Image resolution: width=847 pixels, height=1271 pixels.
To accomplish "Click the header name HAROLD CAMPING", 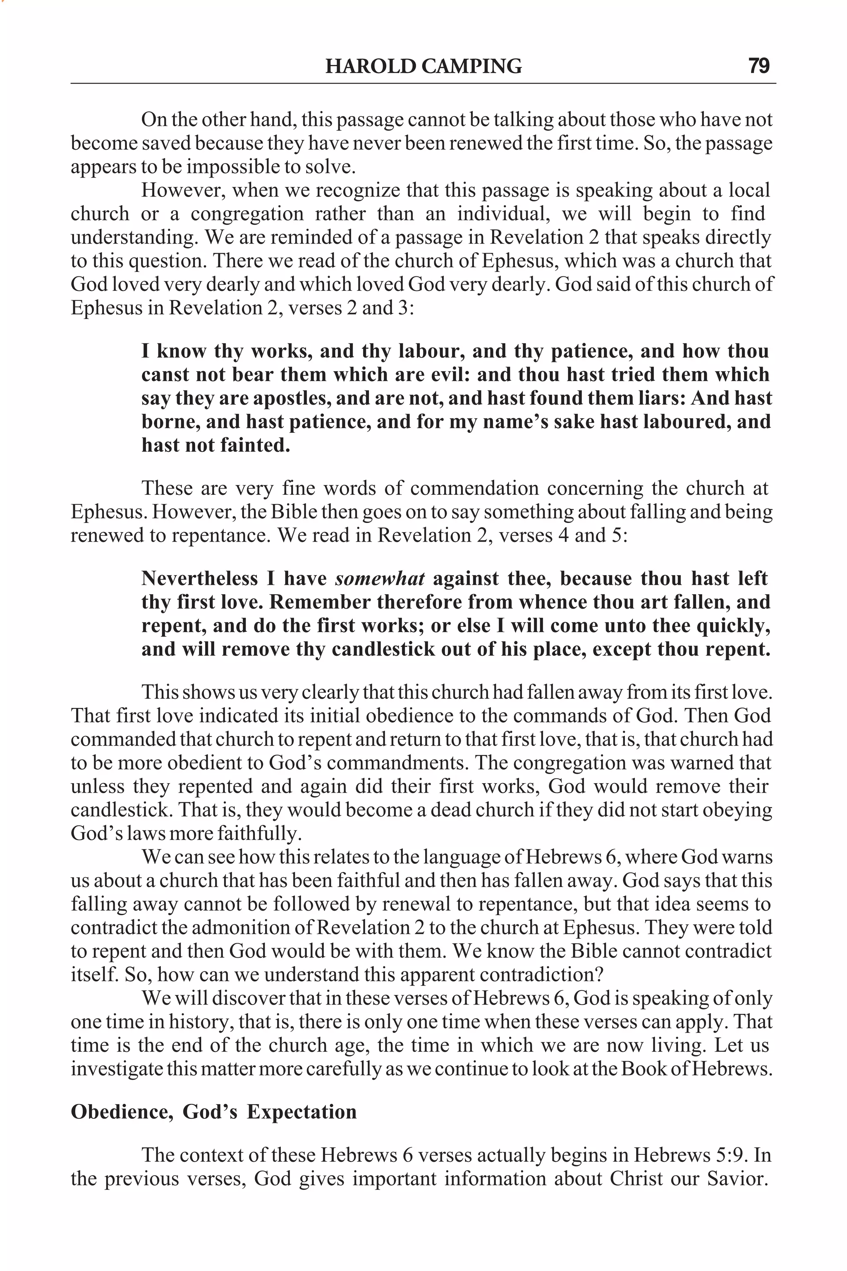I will tap(423, 67).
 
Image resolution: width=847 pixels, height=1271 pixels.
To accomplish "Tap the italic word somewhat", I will tap(380, 579).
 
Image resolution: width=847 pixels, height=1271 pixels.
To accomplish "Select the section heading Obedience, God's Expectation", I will tap(214, 1112).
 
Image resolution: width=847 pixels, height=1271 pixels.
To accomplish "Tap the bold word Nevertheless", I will tap(200, 579).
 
